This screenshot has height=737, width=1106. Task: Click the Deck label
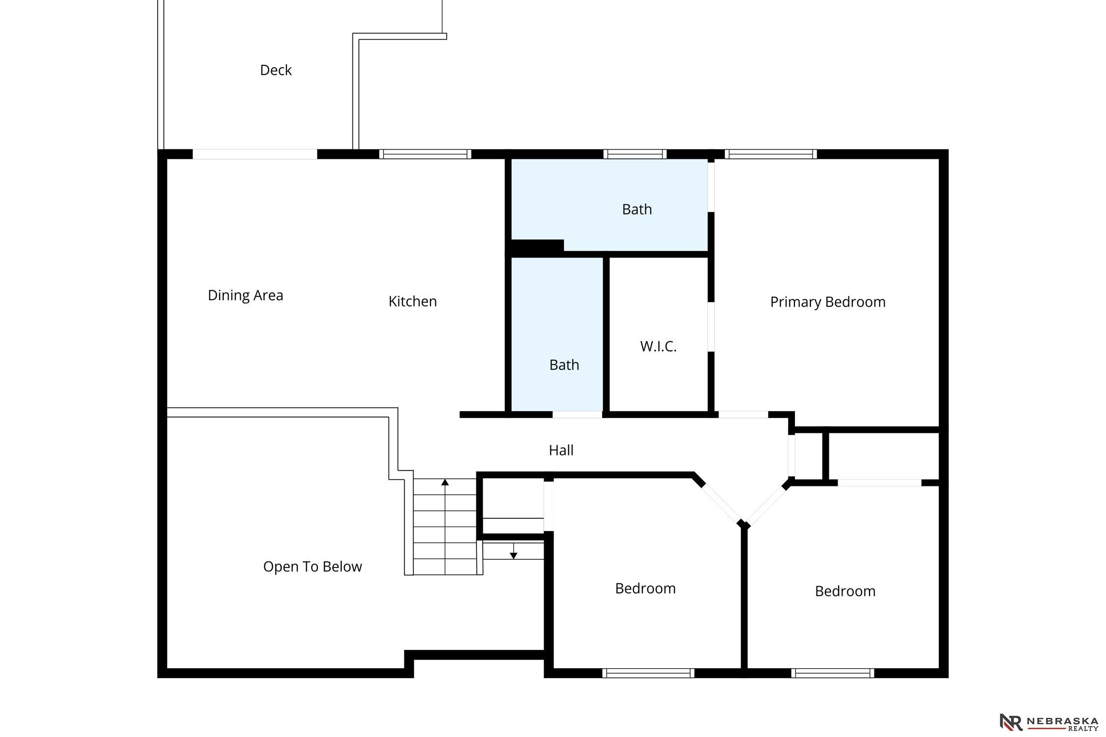click(276, 70)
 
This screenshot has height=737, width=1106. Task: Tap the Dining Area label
click(245, 295)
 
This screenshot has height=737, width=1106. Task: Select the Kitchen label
click(412, 301)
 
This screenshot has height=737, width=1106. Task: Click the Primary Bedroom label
click(828, 302)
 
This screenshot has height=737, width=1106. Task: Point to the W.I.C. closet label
click(658, 346)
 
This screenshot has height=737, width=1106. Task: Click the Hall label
click(561, 450)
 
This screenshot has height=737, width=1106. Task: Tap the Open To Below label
click(313, 567)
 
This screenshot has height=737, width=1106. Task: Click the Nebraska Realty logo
click(1048, 722)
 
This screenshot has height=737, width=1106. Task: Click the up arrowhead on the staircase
click(445, 482)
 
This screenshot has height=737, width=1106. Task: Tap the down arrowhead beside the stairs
click(513, 556)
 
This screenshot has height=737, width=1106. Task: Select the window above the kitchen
click(425, 154)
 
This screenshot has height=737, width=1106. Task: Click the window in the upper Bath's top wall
click(635, 154)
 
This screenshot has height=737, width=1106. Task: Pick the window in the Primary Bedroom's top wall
click(770, 154)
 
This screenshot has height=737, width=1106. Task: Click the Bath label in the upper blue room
click(637, 209)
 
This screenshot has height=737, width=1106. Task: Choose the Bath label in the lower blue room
click(564, 365)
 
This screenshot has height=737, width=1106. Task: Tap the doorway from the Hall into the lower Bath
click(577, 415)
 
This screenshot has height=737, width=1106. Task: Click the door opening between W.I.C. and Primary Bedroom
click(711, 327)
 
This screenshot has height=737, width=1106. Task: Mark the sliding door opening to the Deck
click(255, 154)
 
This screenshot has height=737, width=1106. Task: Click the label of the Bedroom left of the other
click(645, 588)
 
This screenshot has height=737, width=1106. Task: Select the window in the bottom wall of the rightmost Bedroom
click(833, 673)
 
